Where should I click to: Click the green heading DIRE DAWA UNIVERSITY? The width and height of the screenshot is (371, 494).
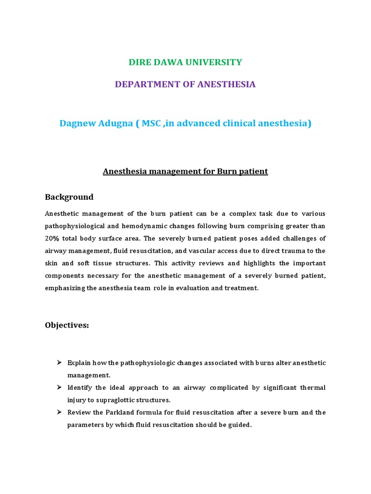[185, 62]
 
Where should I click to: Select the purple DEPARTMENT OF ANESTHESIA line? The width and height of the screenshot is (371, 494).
[185, 84]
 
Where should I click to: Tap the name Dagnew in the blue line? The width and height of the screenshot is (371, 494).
[77, 123]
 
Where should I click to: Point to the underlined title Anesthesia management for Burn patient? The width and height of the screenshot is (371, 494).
[185, 171]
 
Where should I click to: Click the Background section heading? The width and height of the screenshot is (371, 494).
[69, 197]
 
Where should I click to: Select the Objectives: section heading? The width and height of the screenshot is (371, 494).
[67, 325]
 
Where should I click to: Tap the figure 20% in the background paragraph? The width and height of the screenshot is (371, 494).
[53, 238]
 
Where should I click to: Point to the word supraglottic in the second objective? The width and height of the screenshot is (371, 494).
[106, 400]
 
